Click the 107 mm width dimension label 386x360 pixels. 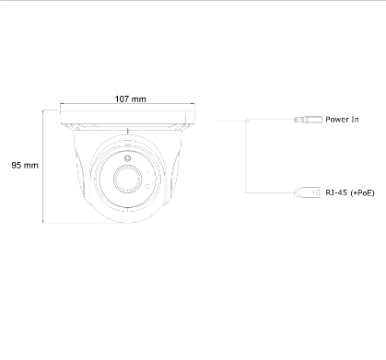pyautogui.click(x=131, y=99)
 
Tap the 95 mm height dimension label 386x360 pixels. pyautogui.click(x=25, y=165)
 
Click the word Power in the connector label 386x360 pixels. pyautogui.click(x=336, y=119)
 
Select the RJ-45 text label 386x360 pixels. pyautogui.click(x=336, y=192)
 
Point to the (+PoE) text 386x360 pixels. pyautogui.click(x=362, y=192)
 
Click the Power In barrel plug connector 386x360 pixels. pyautogui.click(x=308, y=119)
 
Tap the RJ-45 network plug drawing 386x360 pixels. pyautogui.click(x=308, y=192)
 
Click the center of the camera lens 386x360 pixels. pyautogui.click(x=128, y=179)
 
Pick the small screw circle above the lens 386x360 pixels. pyautogui.click(x=127, y=158)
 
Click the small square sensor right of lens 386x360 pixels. pyautogui.click(x=147, y=186)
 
